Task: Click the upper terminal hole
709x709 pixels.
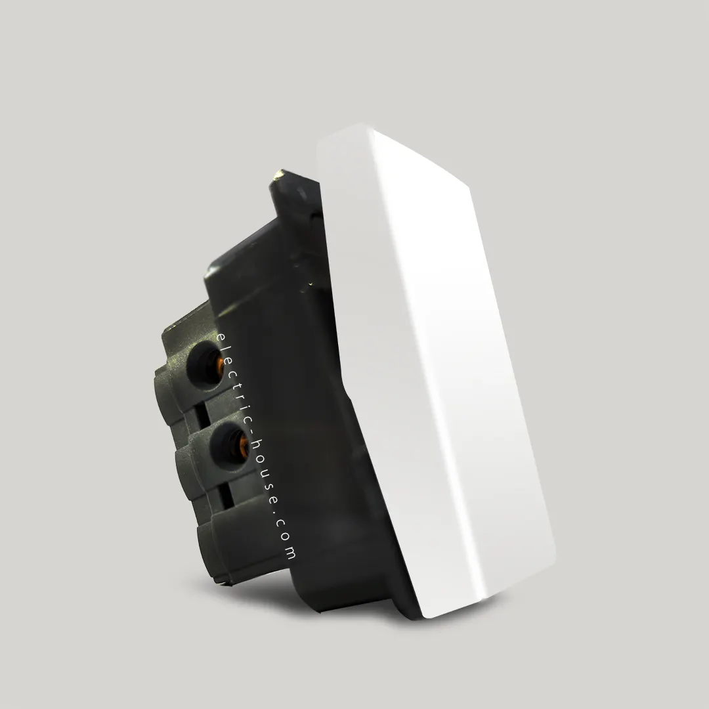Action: [205, 366]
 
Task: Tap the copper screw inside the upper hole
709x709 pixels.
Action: [219, 366]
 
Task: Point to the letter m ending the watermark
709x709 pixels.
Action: [290, 553]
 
